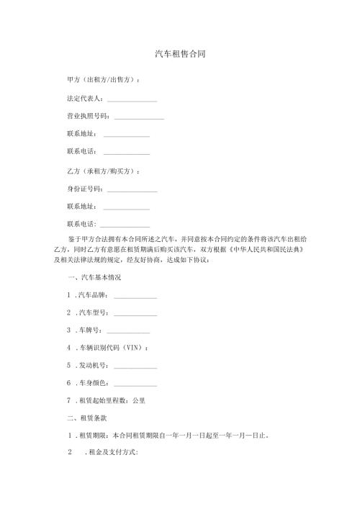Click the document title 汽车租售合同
coord(180,55)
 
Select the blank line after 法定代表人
coord(132,99)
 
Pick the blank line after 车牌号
coord(128,332)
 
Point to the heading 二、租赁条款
coord(86,418)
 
